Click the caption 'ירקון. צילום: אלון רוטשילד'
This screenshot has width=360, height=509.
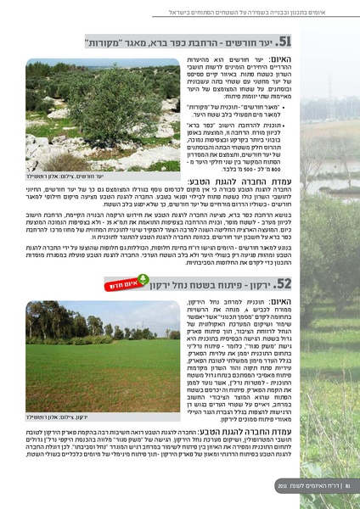(x=127, y=418)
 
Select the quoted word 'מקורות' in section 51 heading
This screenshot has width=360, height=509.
(x=127, y=42)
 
